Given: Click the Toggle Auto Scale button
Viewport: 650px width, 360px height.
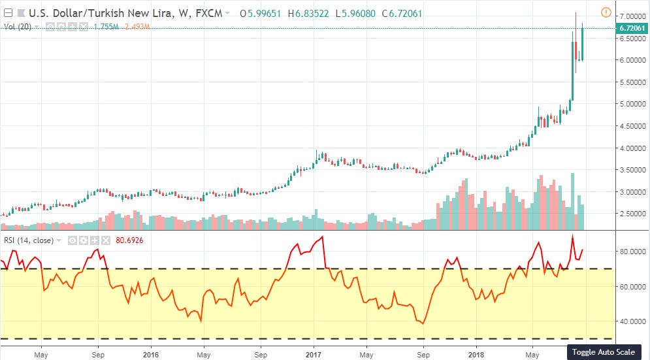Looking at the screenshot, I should pos(603,352).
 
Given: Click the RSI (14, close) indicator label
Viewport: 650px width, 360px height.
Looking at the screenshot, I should pos(29,240).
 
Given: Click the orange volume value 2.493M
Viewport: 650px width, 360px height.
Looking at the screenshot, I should pos(140,27).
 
